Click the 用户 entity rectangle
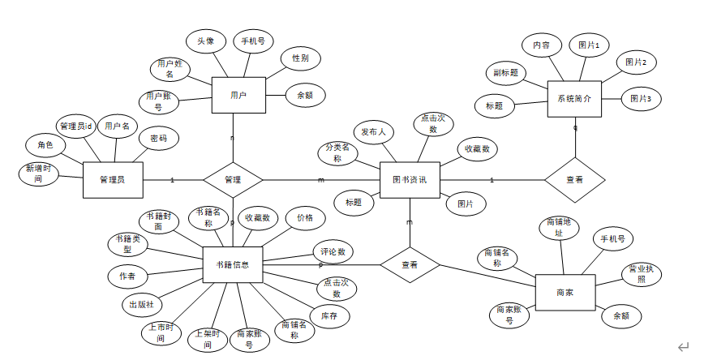(238, 96)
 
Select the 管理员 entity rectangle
(114, 179)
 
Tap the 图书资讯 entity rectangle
(410, 179)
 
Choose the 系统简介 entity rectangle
(574, 98)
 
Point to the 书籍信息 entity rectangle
(233, 264)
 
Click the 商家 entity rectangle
(565, 292)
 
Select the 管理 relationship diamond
(233, 179)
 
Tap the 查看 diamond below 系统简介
(574, 179)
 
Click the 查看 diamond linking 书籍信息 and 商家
(410, 264)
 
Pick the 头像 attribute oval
(205, 41)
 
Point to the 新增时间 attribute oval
(38, 174)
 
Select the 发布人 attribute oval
(374, 131)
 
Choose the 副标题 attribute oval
(505, 73)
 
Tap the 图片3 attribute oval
(642, 99)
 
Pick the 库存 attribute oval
(328, 316)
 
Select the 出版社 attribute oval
(142, 305)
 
